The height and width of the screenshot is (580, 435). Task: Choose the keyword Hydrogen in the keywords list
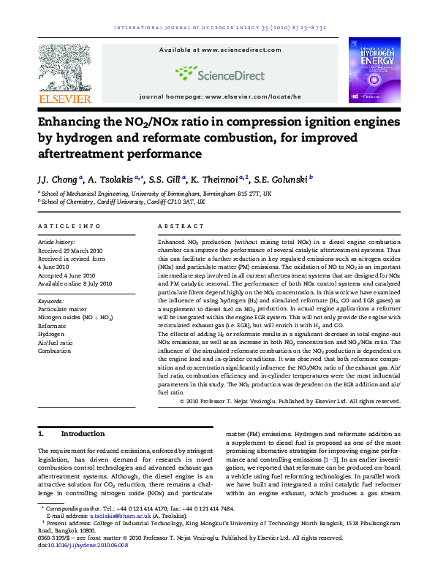click(x=51, y=333)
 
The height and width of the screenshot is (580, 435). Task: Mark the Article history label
click(x=56, y=241)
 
